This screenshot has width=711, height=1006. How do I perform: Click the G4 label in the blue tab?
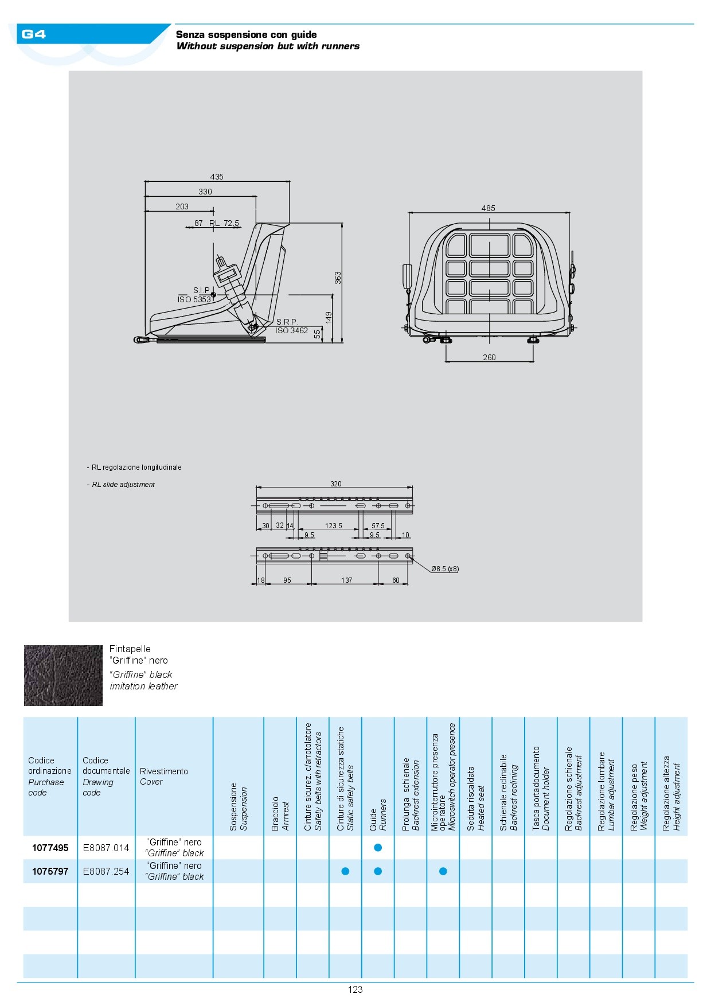[x=33, y=34]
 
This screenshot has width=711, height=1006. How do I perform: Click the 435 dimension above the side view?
[x=217, y=177]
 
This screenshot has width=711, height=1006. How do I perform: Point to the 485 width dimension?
[x=488, y=208]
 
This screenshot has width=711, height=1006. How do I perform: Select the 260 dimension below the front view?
[x=489, y=357]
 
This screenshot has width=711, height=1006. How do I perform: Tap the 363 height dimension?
[x=338, y=278]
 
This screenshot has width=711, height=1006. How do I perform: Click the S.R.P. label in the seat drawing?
[x=287, y=322]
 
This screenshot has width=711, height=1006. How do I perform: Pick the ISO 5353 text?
[x=194, y=299]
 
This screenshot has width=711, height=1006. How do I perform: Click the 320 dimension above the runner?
[x=336, y=484]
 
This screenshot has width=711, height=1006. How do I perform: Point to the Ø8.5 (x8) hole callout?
[x=445, y=569]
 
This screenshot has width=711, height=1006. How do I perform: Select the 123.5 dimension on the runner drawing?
[x=333, y=526]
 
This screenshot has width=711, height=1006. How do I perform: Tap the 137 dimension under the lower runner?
[x=346, y=580]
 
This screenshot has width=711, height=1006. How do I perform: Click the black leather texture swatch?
[x=63, y=676]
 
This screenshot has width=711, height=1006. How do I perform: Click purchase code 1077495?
[x=50, y=848]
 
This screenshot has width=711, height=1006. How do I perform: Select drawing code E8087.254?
[x=106, y=871]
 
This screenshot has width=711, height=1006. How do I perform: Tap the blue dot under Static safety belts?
[x=345, y=871]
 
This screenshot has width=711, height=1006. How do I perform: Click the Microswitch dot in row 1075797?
[x=443, y=871]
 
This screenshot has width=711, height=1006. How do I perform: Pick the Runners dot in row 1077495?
[x=378, y=848]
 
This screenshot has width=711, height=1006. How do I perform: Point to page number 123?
[x=355, y=989]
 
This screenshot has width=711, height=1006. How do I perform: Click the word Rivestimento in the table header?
[x=164, y=771]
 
